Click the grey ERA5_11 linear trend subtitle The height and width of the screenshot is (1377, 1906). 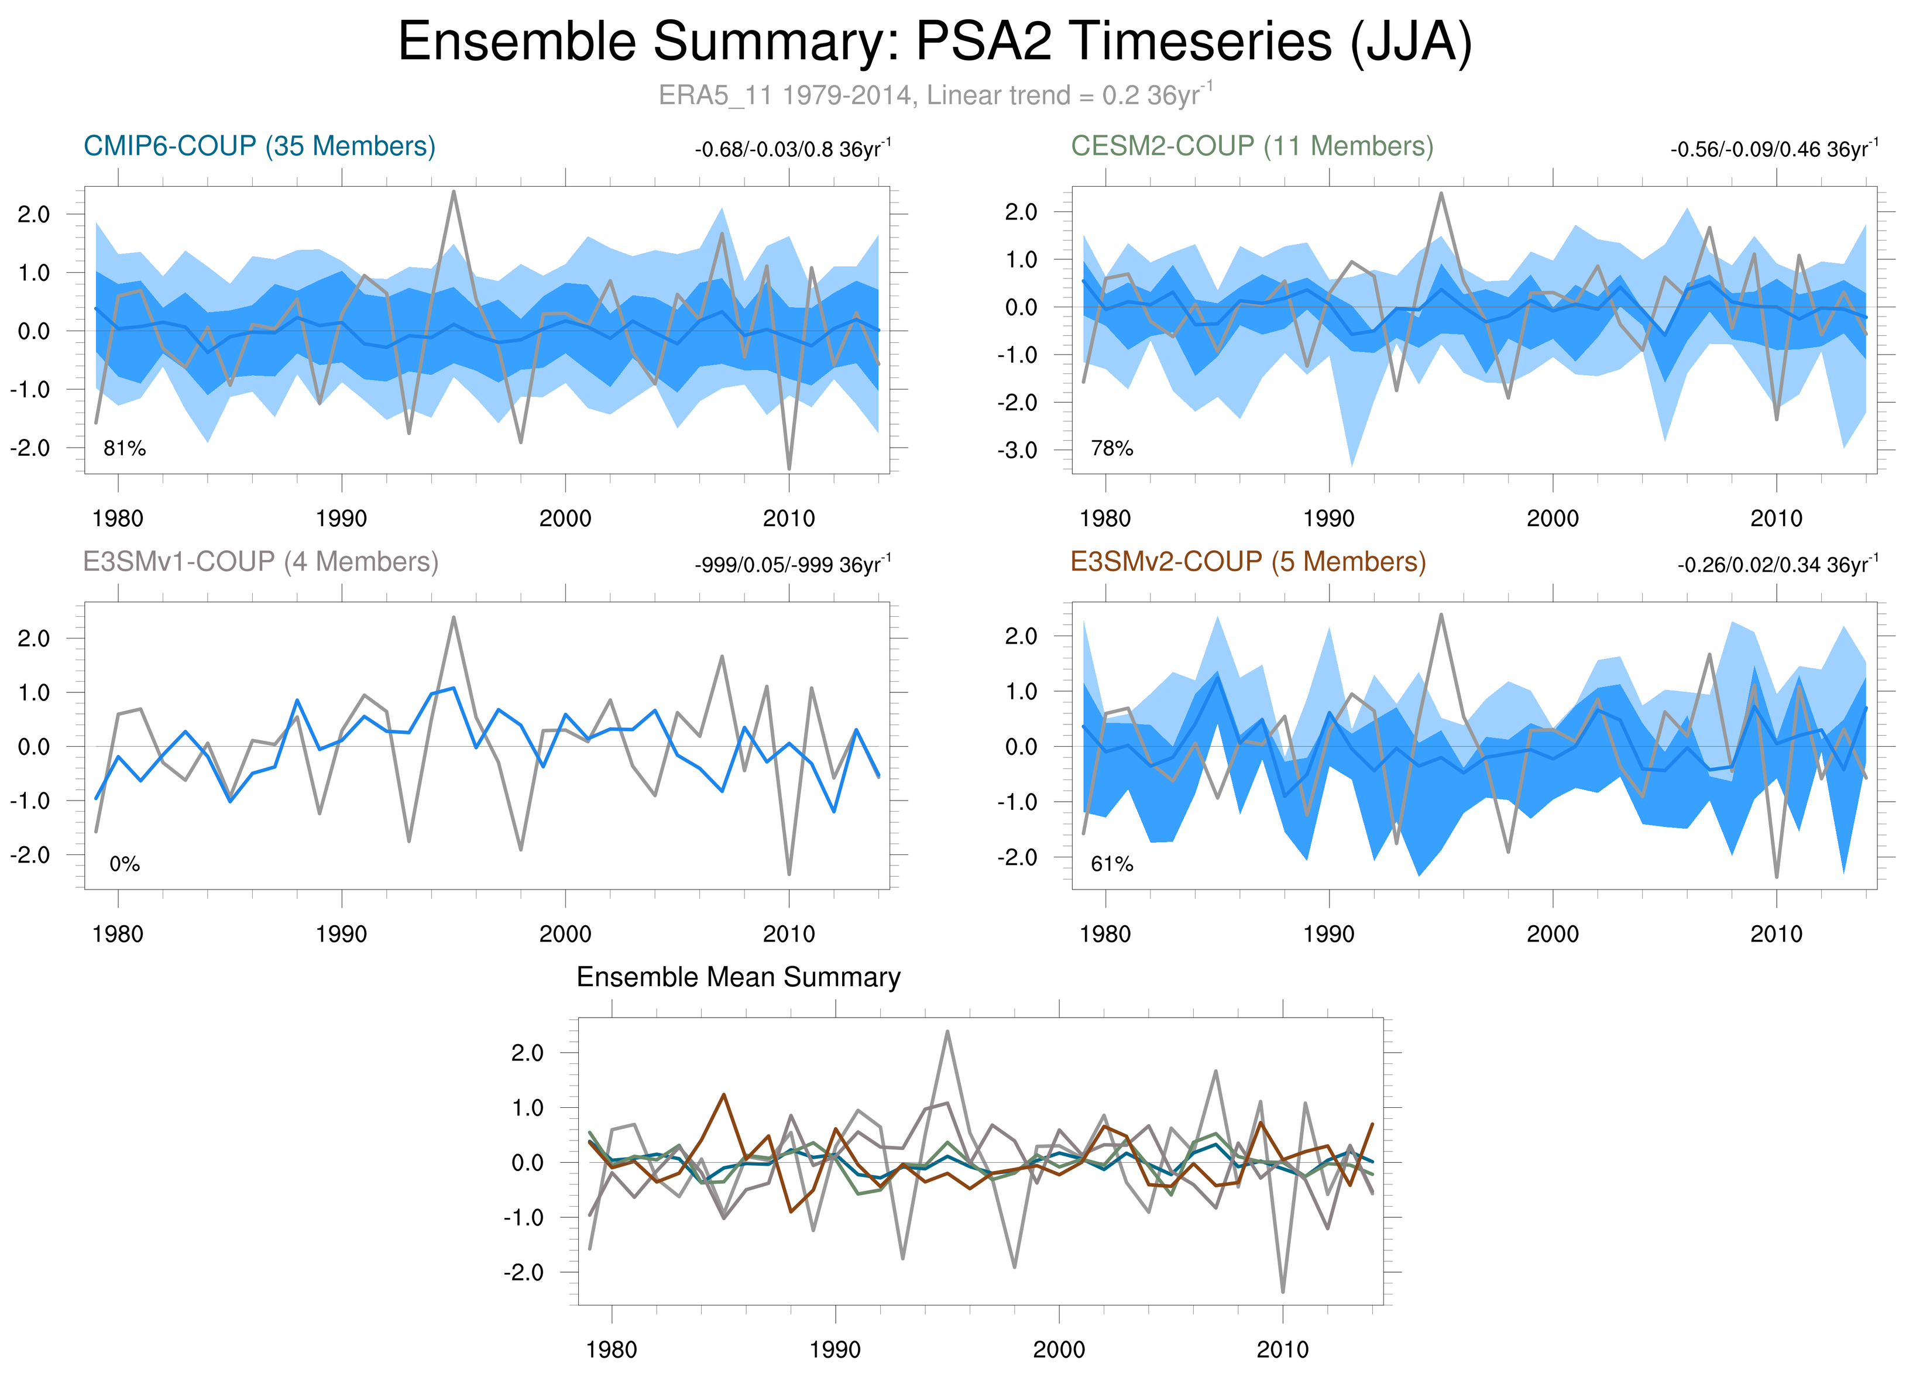point(935,95)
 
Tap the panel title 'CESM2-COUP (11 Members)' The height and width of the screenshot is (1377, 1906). point(1251,146)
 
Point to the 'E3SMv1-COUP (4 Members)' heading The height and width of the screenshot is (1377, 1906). point(260,561)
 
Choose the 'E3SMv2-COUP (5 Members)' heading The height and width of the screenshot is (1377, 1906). point(1248,561)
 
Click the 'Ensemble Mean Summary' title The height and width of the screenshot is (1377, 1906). point(738,977)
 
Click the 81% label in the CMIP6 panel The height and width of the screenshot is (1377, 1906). point(125,449)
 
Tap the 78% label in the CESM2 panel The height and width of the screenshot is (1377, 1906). point(1112,449)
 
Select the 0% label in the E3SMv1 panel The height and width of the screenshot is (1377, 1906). point(125,864)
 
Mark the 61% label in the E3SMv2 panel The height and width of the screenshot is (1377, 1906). point(1112,864)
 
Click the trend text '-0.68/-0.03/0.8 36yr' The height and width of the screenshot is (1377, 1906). point(792,150)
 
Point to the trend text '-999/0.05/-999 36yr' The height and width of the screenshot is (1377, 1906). point(792,565)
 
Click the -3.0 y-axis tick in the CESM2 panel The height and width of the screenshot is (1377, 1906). point(1017,450)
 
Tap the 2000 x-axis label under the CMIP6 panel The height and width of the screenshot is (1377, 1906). point(565,518)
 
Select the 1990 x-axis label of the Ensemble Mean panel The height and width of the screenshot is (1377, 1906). point(834,1349)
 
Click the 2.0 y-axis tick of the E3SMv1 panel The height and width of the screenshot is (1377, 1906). point(33,638)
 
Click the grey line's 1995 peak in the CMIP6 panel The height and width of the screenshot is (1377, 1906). point(454,193)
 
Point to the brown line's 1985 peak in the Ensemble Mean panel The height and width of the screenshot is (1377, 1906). point(723,1095)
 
